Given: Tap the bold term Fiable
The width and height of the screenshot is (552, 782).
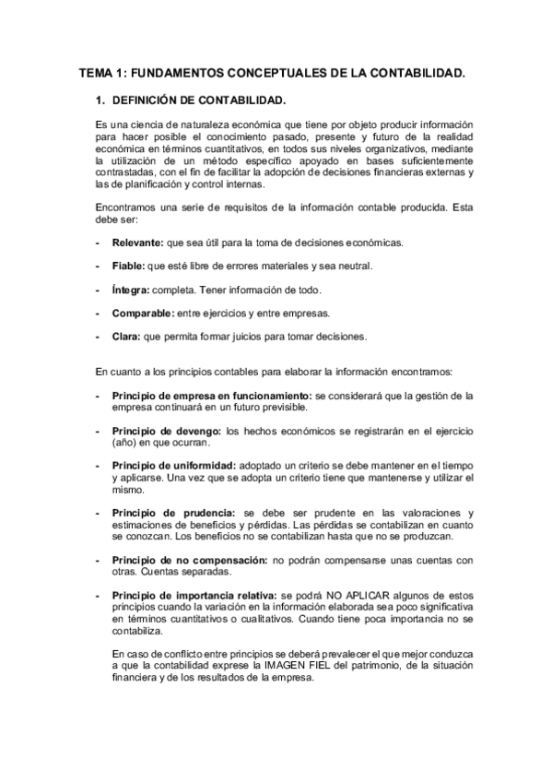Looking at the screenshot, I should click(x=129, y=267).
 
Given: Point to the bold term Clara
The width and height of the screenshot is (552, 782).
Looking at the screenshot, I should click(x=126, y=336).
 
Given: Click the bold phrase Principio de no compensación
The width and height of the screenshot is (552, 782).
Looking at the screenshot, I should click(x=190, y=560).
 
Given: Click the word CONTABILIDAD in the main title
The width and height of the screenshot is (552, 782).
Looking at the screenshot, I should click(x=408, y=71).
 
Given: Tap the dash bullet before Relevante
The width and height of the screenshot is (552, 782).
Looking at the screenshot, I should click(x=98, y=243).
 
